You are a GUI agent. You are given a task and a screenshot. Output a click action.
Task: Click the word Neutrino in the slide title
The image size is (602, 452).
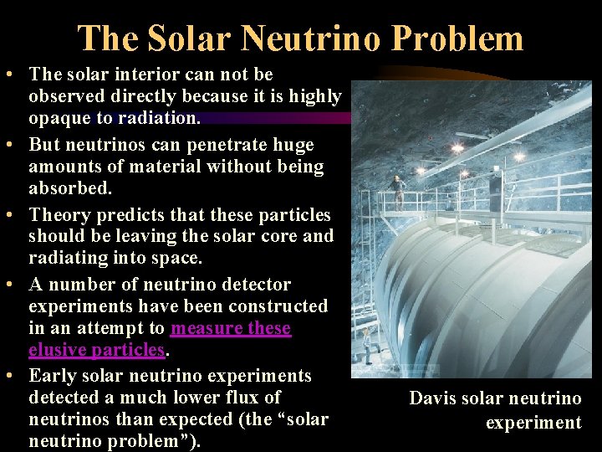(305, 39)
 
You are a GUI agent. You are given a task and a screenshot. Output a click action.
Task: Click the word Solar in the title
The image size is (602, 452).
(187, 39)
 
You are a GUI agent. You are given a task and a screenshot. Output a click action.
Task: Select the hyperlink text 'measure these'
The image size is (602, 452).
(231, 328)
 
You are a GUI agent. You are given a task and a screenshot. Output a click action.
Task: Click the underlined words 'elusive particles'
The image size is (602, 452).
(96, 349)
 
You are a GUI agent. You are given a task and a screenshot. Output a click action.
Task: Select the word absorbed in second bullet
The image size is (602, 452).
(69, 187)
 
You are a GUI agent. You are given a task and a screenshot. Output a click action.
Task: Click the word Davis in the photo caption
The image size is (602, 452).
(433, 398)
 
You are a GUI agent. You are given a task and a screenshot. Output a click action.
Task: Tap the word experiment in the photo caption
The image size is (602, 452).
(533, 423)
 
